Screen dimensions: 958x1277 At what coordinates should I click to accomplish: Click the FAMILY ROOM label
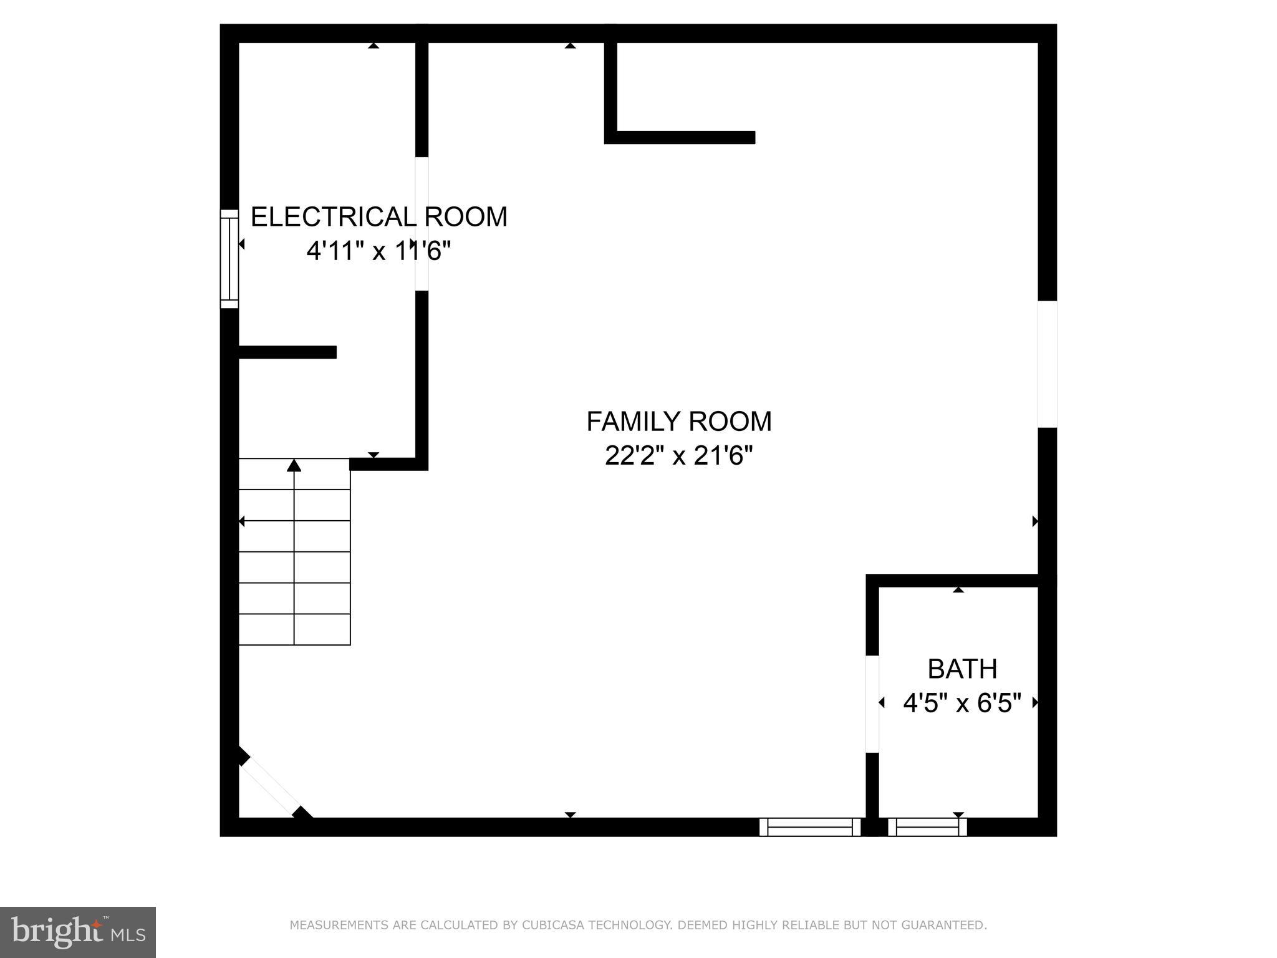(x=678, y=422)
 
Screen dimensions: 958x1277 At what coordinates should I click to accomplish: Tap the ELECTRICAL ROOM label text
(x=378, y=217)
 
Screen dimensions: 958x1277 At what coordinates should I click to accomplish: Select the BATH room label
(x=962, y=669)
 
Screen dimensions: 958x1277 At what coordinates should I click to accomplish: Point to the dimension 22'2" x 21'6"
(x=678, y=456)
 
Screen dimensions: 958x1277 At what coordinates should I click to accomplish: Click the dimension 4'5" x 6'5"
(x=962, y=704)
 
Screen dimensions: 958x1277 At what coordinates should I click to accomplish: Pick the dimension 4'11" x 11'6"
(x=378, y=251)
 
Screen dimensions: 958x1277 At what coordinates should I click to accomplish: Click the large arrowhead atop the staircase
(x=294, y=465)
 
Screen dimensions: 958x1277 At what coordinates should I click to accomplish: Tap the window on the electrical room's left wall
(x=229, y=259)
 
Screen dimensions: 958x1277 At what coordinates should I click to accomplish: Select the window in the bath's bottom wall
(x=927, y=827)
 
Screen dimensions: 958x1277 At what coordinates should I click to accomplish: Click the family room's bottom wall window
(x=809, y=827)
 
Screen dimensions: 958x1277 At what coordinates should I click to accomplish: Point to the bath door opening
(x=872, y=704)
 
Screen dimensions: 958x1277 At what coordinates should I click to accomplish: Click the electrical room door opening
(x=422, y=224)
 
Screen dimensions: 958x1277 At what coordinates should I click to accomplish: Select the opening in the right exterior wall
(x=1047, y=364)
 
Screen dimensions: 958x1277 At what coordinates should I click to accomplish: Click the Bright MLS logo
(x=77, y=932)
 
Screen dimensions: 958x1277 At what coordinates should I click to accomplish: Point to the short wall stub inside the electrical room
(x=287, y=352)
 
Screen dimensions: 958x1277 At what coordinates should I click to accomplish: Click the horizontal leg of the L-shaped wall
(x=685, y=137)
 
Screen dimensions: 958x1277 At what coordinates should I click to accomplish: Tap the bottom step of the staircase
(x=294, y=629)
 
